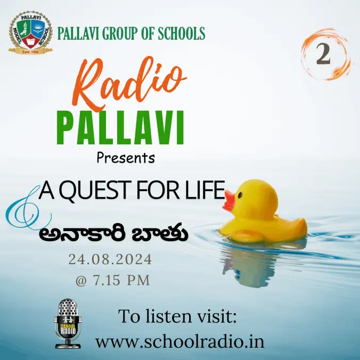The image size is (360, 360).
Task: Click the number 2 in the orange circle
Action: pos(323,54)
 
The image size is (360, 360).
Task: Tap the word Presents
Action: pos(126,158)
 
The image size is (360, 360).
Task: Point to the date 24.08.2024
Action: pos(110,260)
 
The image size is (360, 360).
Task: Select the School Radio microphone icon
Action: pos(68,322)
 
